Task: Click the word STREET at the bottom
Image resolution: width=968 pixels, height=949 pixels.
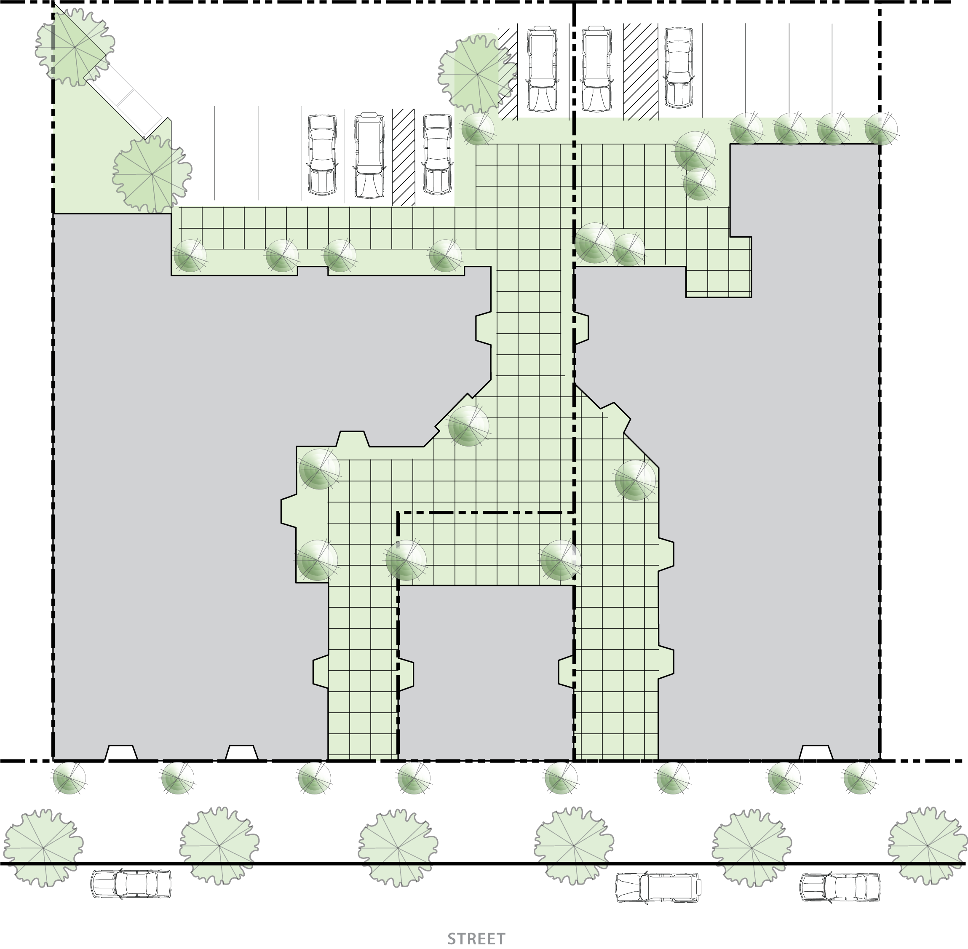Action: point(476,939)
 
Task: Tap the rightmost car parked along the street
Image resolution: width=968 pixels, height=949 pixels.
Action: point(840,887)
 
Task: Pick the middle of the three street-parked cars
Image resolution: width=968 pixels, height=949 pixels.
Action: point(658,887)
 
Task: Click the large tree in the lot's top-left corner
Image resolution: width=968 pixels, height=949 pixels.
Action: point(75,47)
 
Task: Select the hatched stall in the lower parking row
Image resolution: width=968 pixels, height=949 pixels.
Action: point(404,157)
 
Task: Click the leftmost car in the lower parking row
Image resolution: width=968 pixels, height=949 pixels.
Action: point(322,155)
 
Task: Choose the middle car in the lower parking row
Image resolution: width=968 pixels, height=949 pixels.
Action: point(369,155)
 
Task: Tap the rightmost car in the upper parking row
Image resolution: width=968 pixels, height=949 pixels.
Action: point(678,67)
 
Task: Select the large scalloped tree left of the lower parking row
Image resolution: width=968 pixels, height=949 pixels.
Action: point(152,174)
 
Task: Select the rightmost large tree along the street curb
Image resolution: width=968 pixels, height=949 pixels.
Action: point(928,846)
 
